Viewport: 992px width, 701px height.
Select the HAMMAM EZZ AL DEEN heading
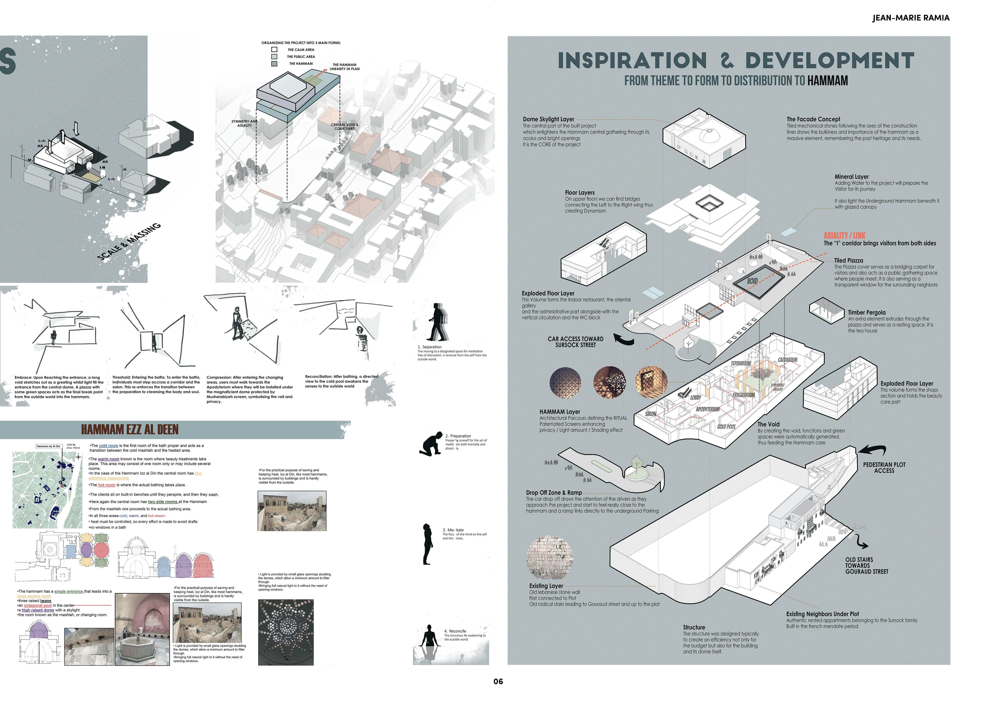tap(130, 429)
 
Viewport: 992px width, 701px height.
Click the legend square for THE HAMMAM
tap(274, 64)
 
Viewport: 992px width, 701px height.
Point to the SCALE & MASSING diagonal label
tap(130, 242)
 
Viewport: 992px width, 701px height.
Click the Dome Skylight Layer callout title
tap(548, 119)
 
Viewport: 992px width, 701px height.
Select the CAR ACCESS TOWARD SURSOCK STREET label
tap(575, 342)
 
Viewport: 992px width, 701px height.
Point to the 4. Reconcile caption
tap(455, 631)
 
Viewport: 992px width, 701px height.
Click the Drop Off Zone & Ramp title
tap(553, 493)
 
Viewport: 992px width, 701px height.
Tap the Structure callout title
tap(694, 627)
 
